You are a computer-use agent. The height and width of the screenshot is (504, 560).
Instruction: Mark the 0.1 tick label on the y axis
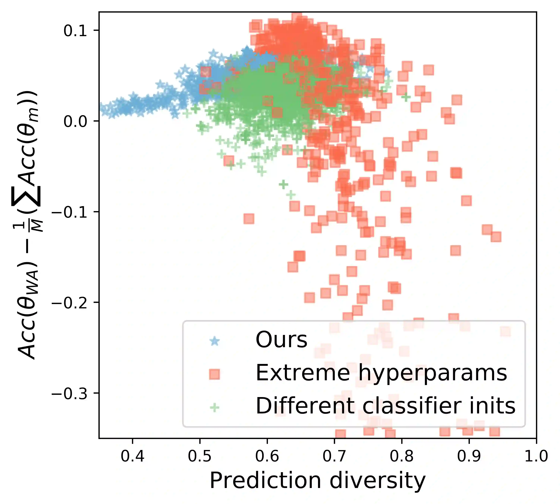click(x=75, y=31)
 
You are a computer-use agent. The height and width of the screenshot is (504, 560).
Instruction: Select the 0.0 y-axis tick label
click(x=75, y=121)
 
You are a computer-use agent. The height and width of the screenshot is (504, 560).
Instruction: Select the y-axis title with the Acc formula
click(x=28, y=224)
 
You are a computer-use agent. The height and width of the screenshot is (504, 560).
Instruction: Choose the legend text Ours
click(x=281, y=340)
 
